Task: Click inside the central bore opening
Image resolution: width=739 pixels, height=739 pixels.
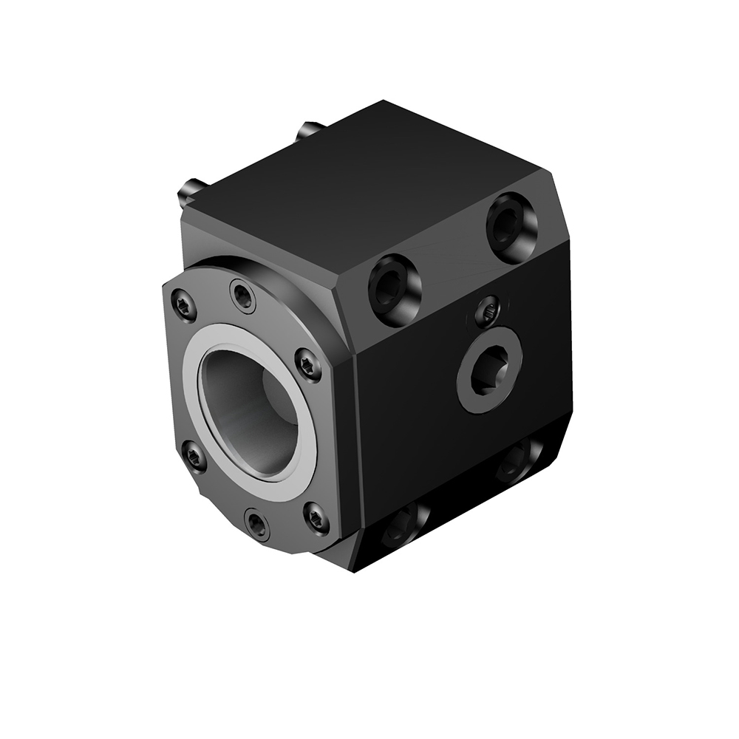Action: click(x=251, y=406)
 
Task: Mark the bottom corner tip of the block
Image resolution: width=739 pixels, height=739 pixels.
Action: click(x=353, y=573)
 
